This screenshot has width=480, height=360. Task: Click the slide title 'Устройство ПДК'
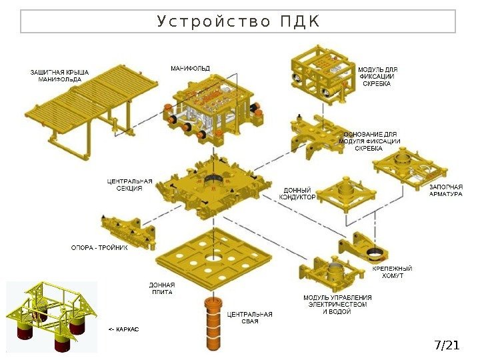(238, 21)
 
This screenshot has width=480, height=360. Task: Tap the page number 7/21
(447, 345)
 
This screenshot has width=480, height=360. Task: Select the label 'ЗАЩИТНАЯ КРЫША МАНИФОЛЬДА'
(59, 75)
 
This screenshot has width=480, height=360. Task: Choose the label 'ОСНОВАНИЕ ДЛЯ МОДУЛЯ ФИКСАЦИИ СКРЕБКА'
(371, 141)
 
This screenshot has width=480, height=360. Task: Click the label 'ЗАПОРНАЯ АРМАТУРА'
(445, 190)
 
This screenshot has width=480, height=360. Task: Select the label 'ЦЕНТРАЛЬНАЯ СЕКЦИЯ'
(129, 185)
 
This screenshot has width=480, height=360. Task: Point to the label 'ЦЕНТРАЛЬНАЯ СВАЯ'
(249, 317)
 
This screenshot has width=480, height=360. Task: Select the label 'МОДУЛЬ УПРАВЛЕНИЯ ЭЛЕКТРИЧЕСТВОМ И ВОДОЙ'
(337, 305)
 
